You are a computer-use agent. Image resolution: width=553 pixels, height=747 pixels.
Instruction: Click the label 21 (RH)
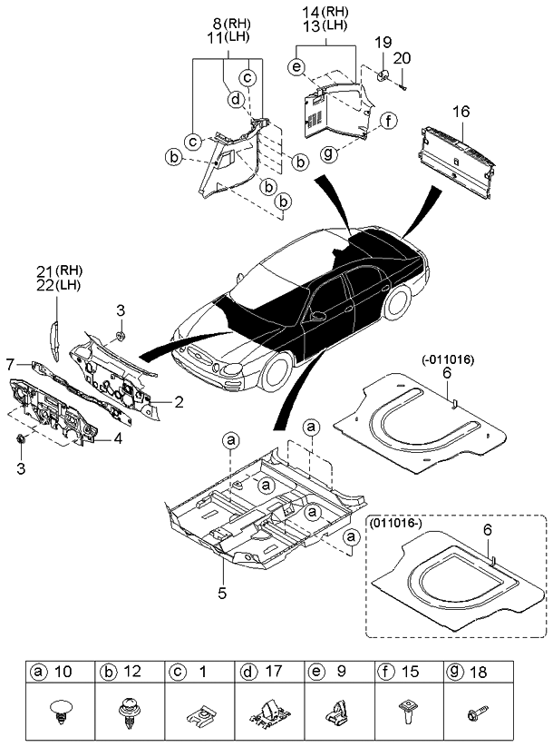click(59, 271)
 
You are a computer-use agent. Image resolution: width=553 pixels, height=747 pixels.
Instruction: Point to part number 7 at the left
click(10, 364)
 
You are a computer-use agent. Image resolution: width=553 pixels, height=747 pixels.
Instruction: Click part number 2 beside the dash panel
click(179, 400)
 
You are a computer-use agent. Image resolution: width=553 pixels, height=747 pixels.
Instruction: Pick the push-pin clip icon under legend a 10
click(61, 712)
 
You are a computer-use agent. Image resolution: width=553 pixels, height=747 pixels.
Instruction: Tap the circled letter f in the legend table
click(386, 674)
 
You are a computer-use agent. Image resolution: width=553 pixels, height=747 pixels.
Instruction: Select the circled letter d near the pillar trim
click(234, 99)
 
